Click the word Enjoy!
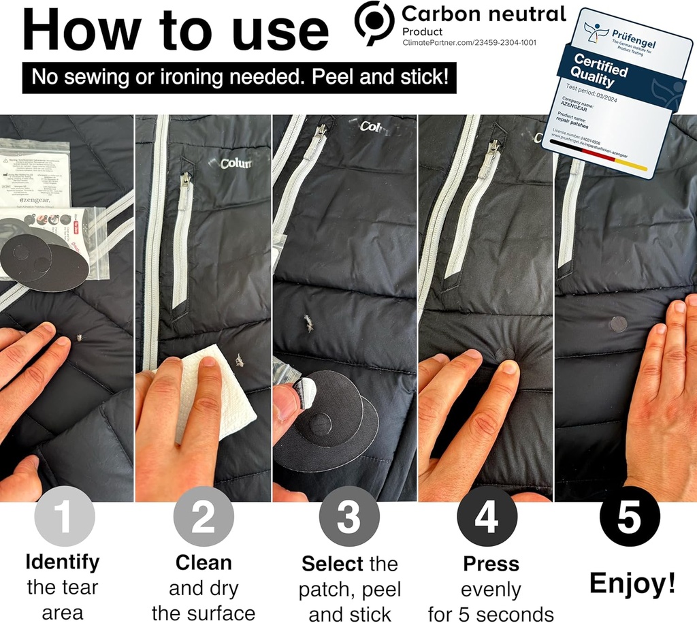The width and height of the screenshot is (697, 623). [632, 583]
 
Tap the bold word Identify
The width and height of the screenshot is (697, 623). [63, 562]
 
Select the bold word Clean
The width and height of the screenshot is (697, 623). [204, 563]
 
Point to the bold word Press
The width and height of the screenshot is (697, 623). [491, 564]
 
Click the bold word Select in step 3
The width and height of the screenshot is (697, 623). [331, 564]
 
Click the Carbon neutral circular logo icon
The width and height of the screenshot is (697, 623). [374, 22]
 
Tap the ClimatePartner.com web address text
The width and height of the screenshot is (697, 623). [469, 42]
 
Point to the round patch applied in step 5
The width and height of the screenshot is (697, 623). [619, 324]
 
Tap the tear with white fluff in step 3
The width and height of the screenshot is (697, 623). [309, 323]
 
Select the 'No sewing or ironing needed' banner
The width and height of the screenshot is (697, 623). [239, 77]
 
